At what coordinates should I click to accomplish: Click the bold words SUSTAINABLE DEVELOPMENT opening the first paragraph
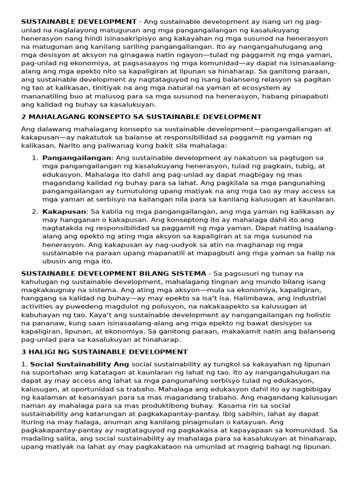click(79, 22)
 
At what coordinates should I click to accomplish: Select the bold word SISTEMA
click(189, 273)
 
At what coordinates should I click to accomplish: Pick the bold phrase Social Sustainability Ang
click(80, 364)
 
